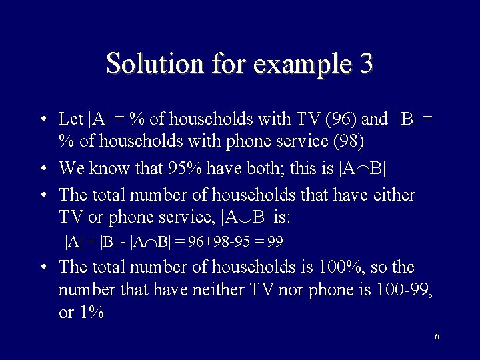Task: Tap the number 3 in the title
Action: pyautogui.click(x=365, y=63)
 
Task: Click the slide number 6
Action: pyautogui.click(x=437, y=336)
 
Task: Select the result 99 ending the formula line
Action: pyautogui.click(x=275, y=242)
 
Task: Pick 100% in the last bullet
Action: pyautogui.click(x=341, y=267)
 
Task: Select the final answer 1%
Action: pyautogui.click(x=91, y=313)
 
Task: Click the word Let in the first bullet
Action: pyautogui.click(x=71, y=119)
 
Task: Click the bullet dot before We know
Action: pyautogui.click(x=43, y=169)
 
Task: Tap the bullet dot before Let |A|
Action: pyautogui.click(x=43, y=120)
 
